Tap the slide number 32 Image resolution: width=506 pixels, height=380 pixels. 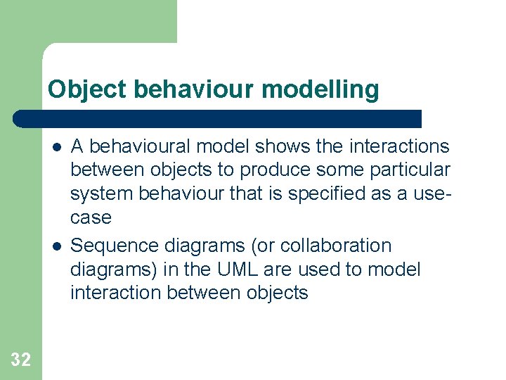click(x=21, y=360)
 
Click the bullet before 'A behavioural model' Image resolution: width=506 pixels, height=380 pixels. click(x=56, y=146)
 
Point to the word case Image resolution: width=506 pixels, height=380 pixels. click(x=91, y=218)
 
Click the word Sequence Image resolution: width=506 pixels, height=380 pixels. click(x=114, y=246)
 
